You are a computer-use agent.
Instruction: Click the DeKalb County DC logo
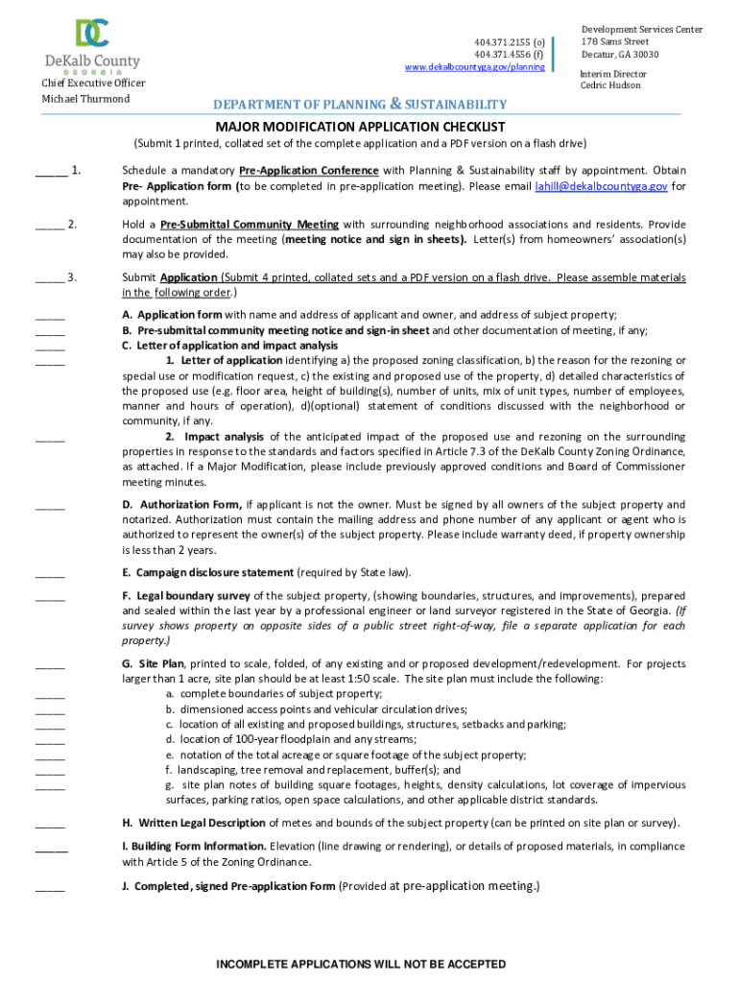93,34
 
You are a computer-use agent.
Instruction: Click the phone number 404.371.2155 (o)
510,42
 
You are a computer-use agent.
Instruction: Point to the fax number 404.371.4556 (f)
510,55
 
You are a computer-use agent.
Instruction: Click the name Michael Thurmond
85,100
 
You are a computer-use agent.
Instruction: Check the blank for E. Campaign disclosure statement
50,575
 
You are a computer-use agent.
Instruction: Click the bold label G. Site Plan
153,663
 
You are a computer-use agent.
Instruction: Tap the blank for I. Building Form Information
52,849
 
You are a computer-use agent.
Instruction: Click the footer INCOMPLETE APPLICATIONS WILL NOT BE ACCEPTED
361,964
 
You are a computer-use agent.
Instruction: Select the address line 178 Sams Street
615,42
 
